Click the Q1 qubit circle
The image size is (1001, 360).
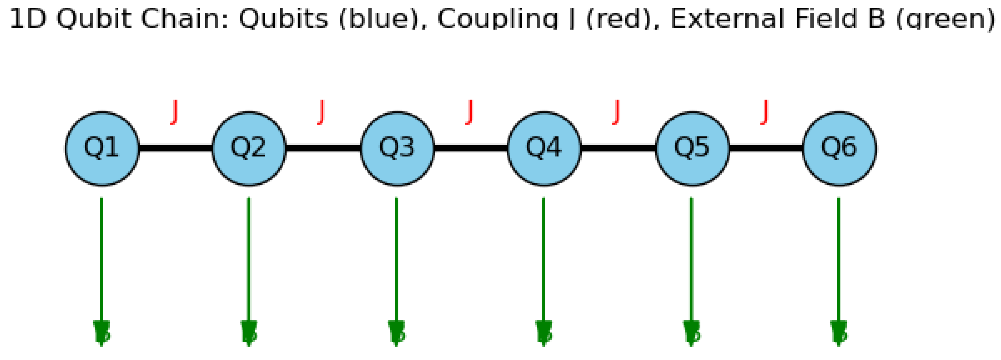pyautogui.click(x=102, y=148)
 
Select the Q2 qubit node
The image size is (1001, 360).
pyautogui.click(x=249, y=148)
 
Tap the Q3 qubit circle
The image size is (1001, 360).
pyautogui.click(x=397, y=148)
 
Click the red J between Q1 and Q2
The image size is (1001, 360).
pyautogui.click(x=174, y=112)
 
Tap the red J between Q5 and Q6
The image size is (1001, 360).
pyautogui.click(x=765, y=112)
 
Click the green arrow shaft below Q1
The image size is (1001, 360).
pyautogui.click(x=101, y=257)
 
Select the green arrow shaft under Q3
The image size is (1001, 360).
pyautogui.click(x=396, y=257)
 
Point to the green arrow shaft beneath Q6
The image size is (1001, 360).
pyautogui.click(x=839, y=257)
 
